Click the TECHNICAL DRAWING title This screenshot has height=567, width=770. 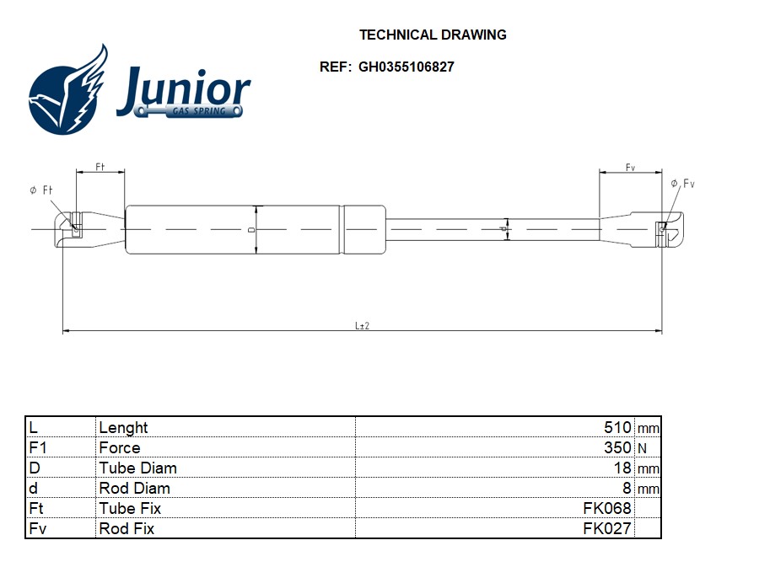pos(433,35)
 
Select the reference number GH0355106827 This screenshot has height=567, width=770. pos(406,67)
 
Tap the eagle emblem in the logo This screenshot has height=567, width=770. pos(70,90)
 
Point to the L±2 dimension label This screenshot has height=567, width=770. pos(363,325)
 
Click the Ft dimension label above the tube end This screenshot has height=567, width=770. pos(100,167)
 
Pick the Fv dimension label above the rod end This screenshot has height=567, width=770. pos(630,168)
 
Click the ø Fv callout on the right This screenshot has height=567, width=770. pos(682,184)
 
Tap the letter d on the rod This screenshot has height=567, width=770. pos(503,228)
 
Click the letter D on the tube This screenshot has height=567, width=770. pos(251,229)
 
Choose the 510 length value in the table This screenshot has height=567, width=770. pos(617,427)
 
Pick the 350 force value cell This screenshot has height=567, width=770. pos(617,447)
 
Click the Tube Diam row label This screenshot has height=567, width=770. pos(137,468)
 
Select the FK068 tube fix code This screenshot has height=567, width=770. pos(606,508)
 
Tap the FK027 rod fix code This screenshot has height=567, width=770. pos(606,528)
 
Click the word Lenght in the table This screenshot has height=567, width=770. pos(123,427)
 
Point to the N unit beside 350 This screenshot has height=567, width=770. pos(643,448)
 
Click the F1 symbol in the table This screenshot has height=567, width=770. pos(37,447)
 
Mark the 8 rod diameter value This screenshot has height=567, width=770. pos(626,488)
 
